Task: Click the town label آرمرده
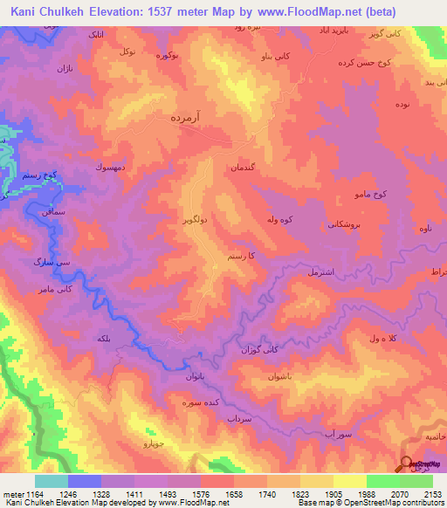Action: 187,116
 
